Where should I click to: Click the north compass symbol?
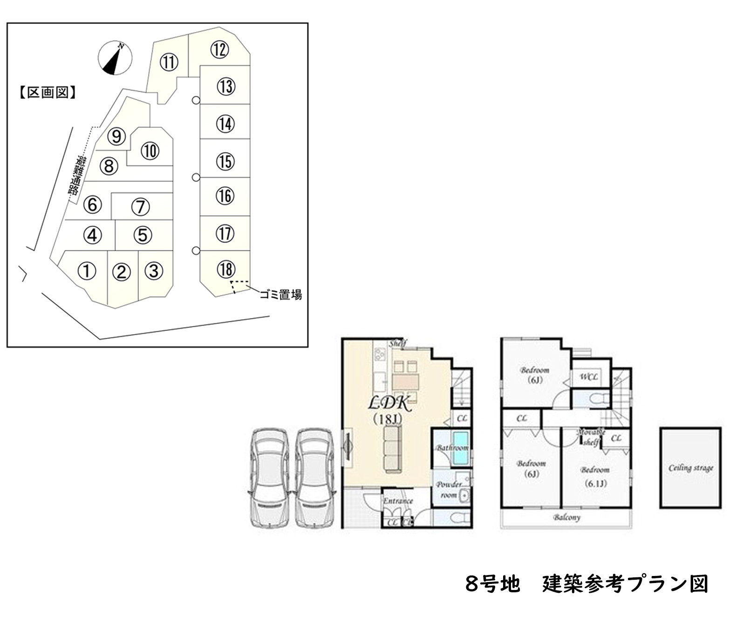[115, 58]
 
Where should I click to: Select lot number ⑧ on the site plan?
[109, 166]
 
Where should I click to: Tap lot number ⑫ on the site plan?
[219, 49]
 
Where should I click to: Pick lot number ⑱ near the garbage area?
[226, 269]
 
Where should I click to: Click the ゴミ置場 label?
[280, 295]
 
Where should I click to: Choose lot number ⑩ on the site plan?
[150, 151]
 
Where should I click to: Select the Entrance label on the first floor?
[398, 501]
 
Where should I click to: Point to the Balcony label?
[567, 517]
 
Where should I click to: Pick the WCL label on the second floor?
[589, 377]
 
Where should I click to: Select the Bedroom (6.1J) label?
[595, 476]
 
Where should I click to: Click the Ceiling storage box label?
[691, 468]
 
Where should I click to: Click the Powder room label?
[449, 489]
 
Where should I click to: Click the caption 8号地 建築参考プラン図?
[586, 584]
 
